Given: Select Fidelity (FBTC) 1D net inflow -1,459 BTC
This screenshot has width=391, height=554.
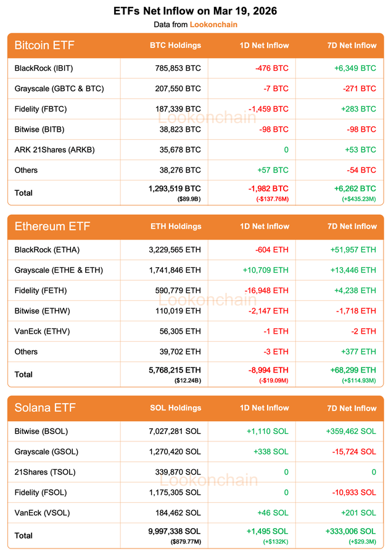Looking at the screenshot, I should click(x=263, y=109).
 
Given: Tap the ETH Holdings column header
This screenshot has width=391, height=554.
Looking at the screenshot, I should click(x=176, y=227).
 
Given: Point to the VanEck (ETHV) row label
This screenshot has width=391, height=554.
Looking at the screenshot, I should click(x=42, y=331).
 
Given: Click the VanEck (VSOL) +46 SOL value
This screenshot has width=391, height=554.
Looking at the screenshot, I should click(x=274, y=512).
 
